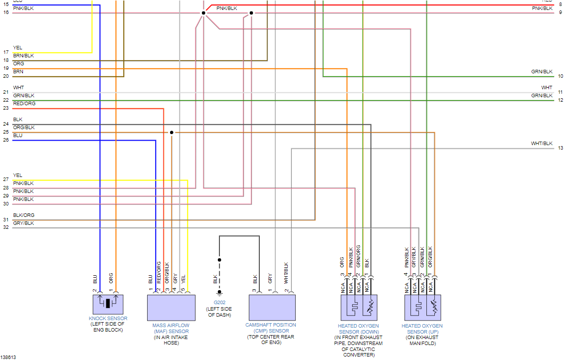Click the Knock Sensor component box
(108, 304)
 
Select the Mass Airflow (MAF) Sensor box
(171, 307)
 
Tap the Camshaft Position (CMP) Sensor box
(272, 307)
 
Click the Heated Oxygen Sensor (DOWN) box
(359, 307)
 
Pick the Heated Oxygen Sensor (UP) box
(422, 307)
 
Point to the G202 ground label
(219, 302)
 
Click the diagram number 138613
(8, 357)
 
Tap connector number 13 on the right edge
(561, 148)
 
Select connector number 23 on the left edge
(5, 108)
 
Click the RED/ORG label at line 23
(24, 104)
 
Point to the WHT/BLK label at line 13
(542, 144)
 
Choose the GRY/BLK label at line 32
(23, 223)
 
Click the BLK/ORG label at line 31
(23, 215)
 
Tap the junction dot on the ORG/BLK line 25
(172, 132)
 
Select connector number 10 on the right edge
(561, 76)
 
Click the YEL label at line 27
(17, 176)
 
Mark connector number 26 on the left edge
(5, 140)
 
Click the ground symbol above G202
(219, 293)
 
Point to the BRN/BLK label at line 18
(23, 56)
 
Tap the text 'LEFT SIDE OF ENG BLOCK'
(108, 327)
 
